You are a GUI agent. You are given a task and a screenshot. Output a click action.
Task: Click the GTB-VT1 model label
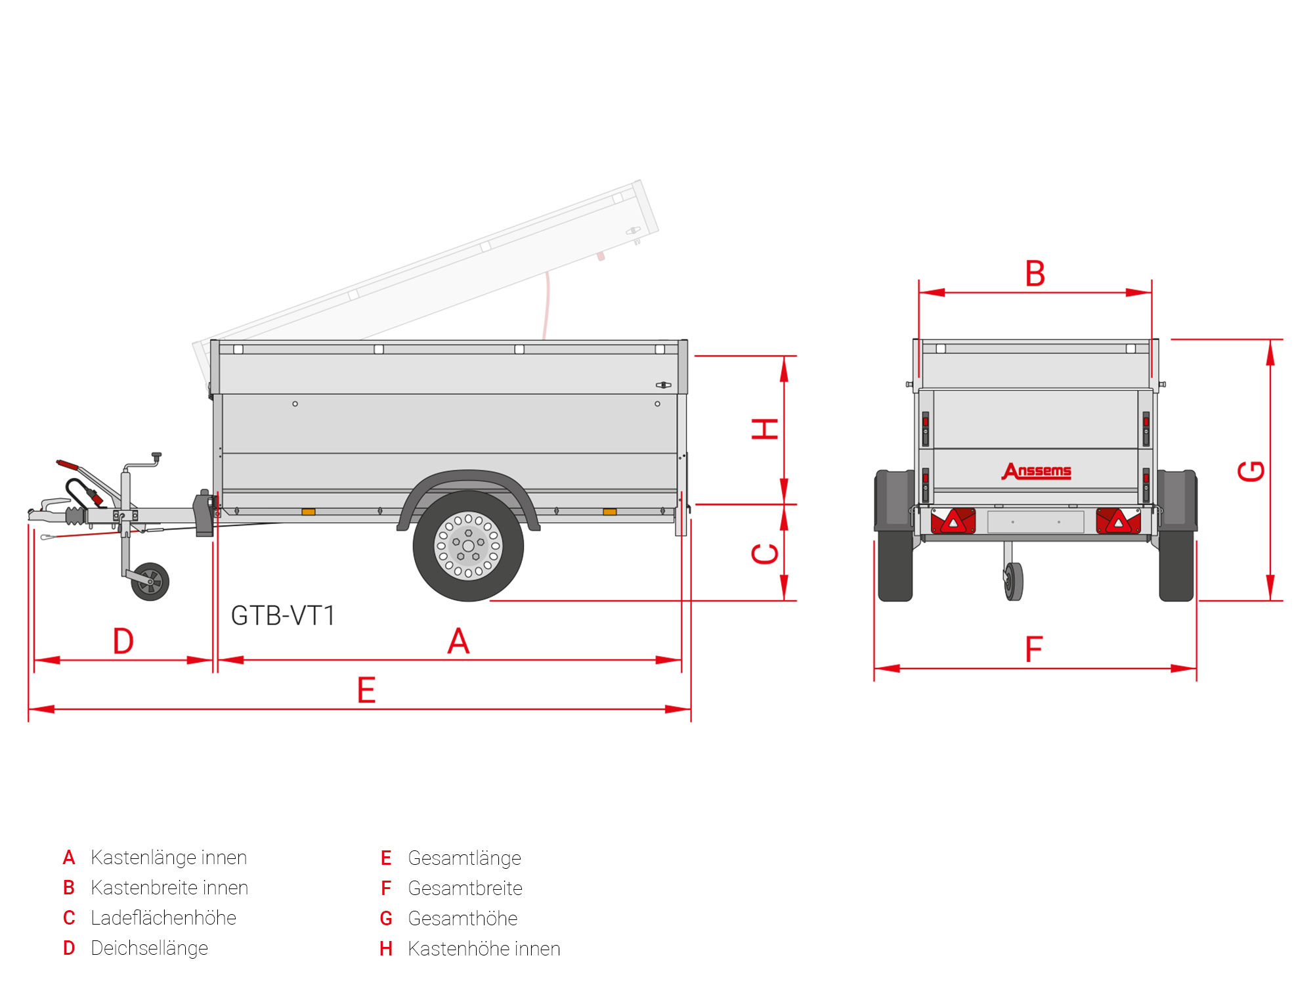tap(283, 616)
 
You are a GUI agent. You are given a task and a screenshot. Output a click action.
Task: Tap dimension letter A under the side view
tap(458, 641)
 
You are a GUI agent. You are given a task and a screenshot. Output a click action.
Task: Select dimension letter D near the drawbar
tap(123, 641)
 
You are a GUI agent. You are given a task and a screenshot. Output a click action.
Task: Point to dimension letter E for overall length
tap(366, 690)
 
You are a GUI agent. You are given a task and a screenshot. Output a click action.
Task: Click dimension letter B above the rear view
tap(1035, 274)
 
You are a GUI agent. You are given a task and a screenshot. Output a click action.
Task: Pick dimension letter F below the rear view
tap(1034, 649)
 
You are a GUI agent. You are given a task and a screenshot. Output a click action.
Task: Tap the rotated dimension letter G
tap(1251, 471)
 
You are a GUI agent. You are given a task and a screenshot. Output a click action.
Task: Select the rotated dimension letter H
tap(765, 429)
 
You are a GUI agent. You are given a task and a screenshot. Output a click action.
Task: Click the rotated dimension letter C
tap(765, 554)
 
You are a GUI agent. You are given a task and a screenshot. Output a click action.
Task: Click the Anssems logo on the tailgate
tap(1037, 471)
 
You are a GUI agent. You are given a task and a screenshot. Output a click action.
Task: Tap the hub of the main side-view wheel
tap(468, 546)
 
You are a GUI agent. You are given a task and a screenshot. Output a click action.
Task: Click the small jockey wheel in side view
tap(150, 581)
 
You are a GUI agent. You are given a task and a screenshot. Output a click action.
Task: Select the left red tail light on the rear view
tap(953, 521)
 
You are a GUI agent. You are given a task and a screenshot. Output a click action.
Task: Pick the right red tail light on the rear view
tap(1119, 521)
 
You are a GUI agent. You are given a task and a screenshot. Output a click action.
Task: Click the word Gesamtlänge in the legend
tap(464, 858)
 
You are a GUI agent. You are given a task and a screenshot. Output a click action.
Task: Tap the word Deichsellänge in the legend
tap(150, 948)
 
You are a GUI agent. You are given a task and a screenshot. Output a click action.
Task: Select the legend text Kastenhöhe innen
tap(484, 949)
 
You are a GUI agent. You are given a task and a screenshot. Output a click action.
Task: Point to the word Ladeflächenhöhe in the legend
tap(163, 918)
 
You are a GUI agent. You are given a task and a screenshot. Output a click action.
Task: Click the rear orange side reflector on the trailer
tap(610, 512)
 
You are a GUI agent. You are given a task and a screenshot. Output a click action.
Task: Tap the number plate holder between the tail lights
tap(1036, 522)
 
